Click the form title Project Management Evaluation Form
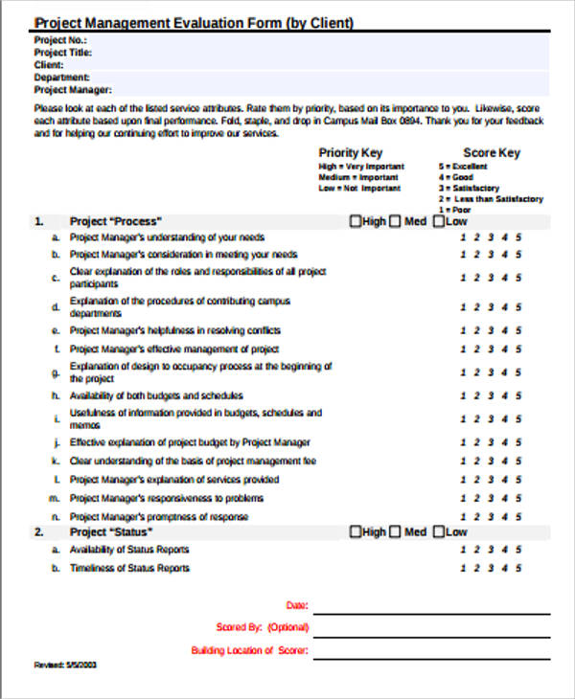tap(194, 23)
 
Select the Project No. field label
tap(60, 40)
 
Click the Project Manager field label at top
tap(73, 90)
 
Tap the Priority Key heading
tap(351, 152)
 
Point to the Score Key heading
tap(492, 152)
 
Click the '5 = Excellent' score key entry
tap(463, 167)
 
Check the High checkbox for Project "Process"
tap(356, 221)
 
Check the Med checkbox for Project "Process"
tap(395, 221)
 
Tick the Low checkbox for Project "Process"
tap(439, 221)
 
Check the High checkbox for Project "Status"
tap(356, 532)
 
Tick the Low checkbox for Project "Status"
tap(439, 532)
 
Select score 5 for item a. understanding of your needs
tap(518, 237)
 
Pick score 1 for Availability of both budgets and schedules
tap(463, 395)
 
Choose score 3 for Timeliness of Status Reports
tap(491, 569)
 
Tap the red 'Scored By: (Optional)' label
tap(263, 628)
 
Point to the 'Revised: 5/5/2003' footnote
tap(65, 664)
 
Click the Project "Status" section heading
tap(111, 532)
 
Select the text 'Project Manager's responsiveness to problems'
tap(167, 498)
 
